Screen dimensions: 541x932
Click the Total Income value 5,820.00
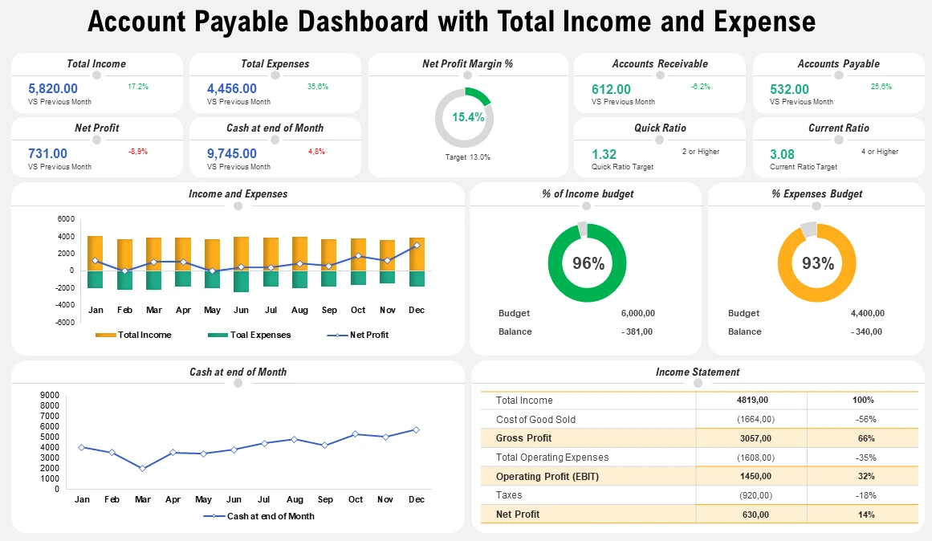tap(53, 89)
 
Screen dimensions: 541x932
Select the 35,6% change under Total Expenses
tap(318, 86)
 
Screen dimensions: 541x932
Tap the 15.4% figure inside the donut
tap(468, 117)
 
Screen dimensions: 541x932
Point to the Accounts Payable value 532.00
tap(790, 89)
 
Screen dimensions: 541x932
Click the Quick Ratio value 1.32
tap(604, 154)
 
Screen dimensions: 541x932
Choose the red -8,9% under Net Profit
tap(138, 151)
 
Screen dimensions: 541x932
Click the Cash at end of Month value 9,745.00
tap(232, 153)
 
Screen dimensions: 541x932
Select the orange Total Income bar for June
tap(241, 254)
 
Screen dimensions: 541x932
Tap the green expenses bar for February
tap(124, 280)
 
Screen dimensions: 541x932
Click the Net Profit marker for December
tap(417, 246)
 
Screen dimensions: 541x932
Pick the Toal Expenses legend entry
tap(250, 335)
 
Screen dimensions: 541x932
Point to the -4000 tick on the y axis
tap(65, 305)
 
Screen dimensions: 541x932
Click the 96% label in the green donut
tap(588, 263)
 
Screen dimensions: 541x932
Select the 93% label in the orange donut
tap(818, 263)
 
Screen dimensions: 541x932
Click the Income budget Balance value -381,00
tap(637, 332)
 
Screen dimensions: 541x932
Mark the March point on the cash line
tap(142, 468)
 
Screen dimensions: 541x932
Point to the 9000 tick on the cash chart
tap(50, 395)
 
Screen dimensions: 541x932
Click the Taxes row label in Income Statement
tap(509, 495)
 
